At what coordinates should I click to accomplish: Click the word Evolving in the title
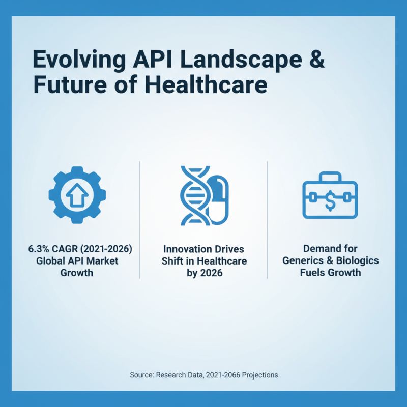coord(71,60)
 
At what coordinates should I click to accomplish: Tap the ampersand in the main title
coord(317,60)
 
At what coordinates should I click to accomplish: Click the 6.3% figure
coord(38,250)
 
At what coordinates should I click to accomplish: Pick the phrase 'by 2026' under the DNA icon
coord(203,273)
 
